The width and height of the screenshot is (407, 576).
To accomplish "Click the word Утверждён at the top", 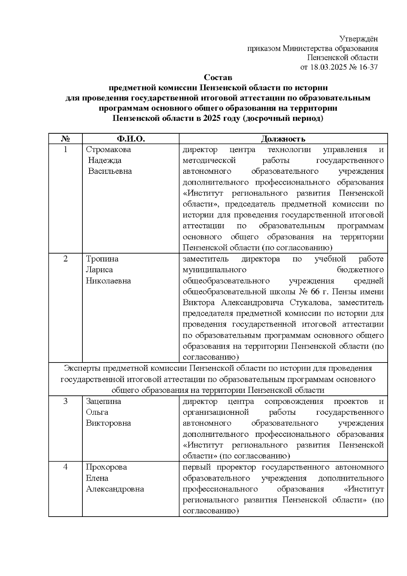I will (359, 39).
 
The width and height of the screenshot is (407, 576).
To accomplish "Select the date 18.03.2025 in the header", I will (328, 67).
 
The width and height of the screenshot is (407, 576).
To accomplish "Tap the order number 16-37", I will (368, 67).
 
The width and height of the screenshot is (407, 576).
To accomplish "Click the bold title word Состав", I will (218, 78).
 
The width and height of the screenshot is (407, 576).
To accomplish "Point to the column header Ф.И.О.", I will (131, 139).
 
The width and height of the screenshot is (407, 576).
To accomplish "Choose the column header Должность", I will (283, 139).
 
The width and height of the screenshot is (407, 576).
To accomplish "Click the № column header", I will (65, 139).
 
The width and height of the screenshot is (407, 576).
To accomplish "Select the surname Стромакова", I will (109, 150).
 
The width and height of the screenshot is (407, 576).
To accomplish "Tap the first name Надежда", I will (105, 161).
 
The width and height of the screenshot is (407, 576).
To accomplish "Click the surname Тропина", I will (102, 259).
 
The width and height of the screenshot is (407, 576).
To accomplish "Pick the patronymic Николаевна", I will (109, 281).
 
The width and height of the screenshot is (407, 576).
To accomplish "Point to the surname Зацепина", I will (103, 402).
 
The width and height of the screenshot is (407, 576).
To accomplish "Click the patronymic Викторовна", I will (109, 423).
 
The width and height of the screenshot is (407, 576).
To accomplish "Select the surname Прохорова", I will (106, 467).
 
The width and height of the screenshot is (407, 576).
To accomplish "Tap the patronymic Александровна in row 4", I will (115, 489).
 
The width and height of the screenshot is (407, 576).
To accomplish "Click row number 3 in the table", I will (65, 402).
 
